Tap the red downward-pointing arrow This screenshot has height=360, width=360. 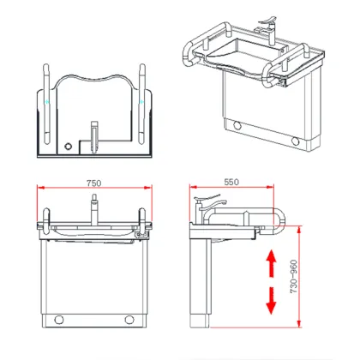pyautogui.click(x=272, y=300)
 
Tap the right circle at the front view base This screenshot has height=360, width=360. pyautogui.click(x=133, y=321)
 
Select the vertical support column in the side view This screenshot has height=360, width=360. pyautogui.click(x=205, y=283)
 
